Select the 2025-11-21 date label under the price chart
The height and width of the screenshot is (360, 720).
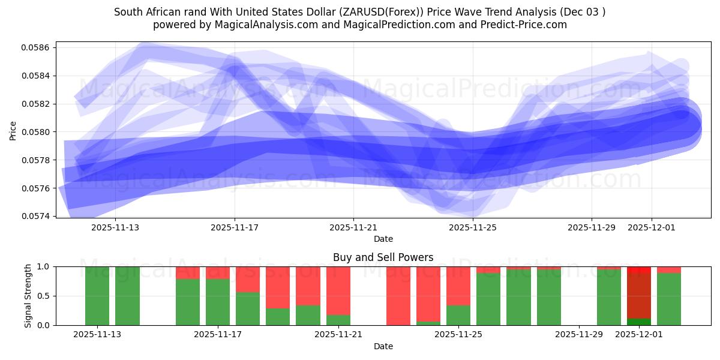(x=353, y=227)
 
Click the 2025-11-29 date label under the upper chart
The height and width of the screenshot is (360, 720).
(x=592, y=227)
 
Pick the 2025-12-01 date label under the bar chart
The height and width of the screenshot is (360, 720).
(x=639, y=335)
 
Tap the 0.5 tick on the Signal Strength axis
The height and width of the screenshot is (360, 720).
(x=44, y=296)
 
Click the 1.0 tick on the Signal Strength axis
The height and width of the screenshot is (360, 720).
(x=44, y=266)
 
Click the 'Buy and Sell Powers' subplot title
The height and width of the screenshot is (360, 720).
(x=383, y=257)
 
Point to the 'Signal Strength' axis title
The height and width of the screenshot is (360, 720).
(x=28, y=296)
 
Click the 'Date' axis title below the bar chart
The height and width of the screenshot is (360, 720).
(x=383, y=346)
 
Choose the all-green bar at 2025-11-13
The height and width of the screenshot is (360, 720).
(x=97, y=296)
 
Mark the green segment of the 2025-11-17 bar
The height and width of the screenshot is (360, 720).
(x=218, y=302)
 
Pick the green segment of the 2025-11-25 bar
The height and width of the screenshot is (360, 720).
(x=458, y=315)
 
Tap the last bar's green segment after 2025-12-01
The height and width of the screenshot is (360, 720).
(x=669, y=299)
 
